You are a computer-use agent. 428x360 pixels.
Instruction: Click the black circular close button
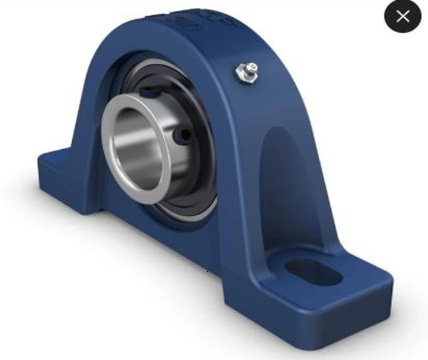click(402, 16)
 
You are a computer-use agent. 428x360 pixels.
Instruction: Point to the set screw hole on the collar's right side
click(184, 134)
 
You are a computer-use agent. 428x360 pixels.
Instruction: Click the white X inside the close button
click(402, 16)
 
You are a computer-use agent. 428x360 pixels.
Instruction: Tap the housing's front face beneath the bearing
click(167, 233)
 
